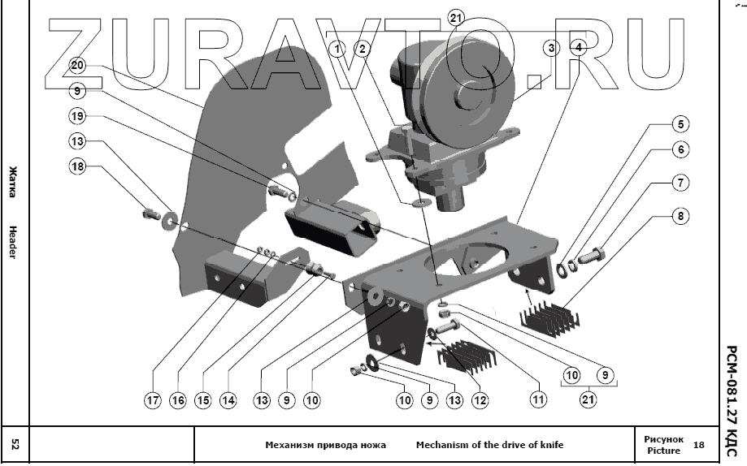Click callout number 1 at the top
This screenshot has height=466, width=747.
338,49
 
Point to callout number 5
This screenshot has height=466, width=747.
679,126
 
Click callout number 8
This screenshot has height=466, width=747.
679,217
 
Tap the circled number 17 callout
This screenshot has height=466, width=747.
153,399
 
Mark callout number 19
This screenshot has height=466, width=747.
77,116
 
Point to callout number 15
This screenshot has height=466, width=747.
203,399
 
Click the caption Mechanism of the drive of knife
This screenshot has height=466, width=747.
489,445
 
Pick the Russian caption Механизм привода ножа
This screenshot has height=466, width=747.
325,445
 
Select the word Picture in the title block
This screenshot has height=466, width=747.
662,450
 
